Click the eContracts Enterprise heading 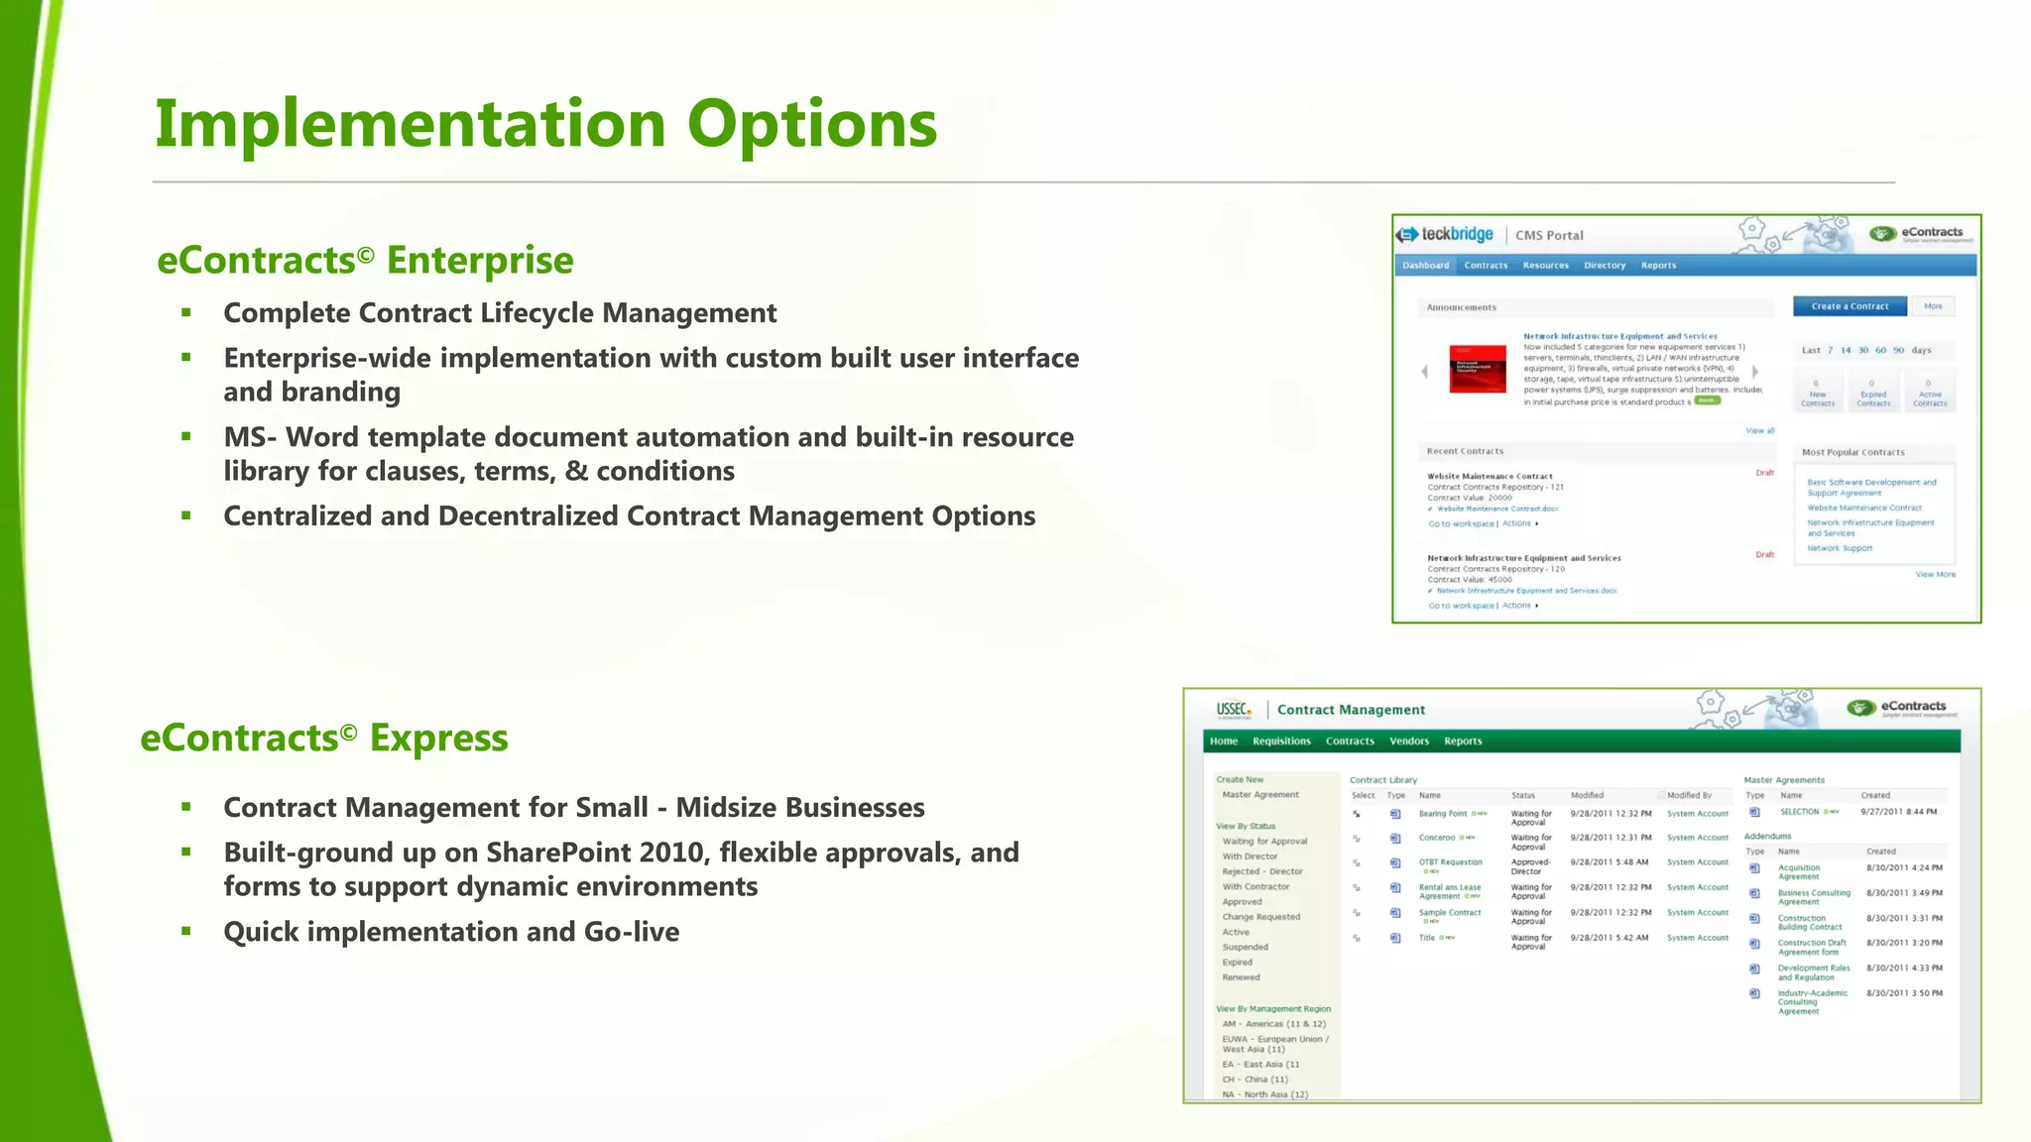365,261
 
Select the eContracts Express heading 324,739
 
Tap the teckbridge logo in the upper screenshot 1445,235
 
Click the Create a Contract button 1849,306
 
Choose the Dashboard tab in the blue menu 1425,266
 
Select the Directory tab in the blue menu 1604,266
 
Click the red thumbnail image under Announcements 1477,369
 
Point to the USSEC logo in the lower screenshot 1234,710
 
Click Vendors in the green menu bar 1408,742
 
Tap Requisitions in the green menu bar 1280,742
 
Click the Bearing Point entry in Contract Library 1442,814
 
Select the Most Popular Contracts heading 1852,452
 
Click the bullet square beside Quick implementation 185,931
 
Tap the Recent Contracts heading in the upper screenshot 1464,451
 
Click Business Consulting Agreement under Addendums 1813,897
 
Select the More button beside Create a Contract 1932,306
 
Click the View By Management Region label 1272,1009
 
